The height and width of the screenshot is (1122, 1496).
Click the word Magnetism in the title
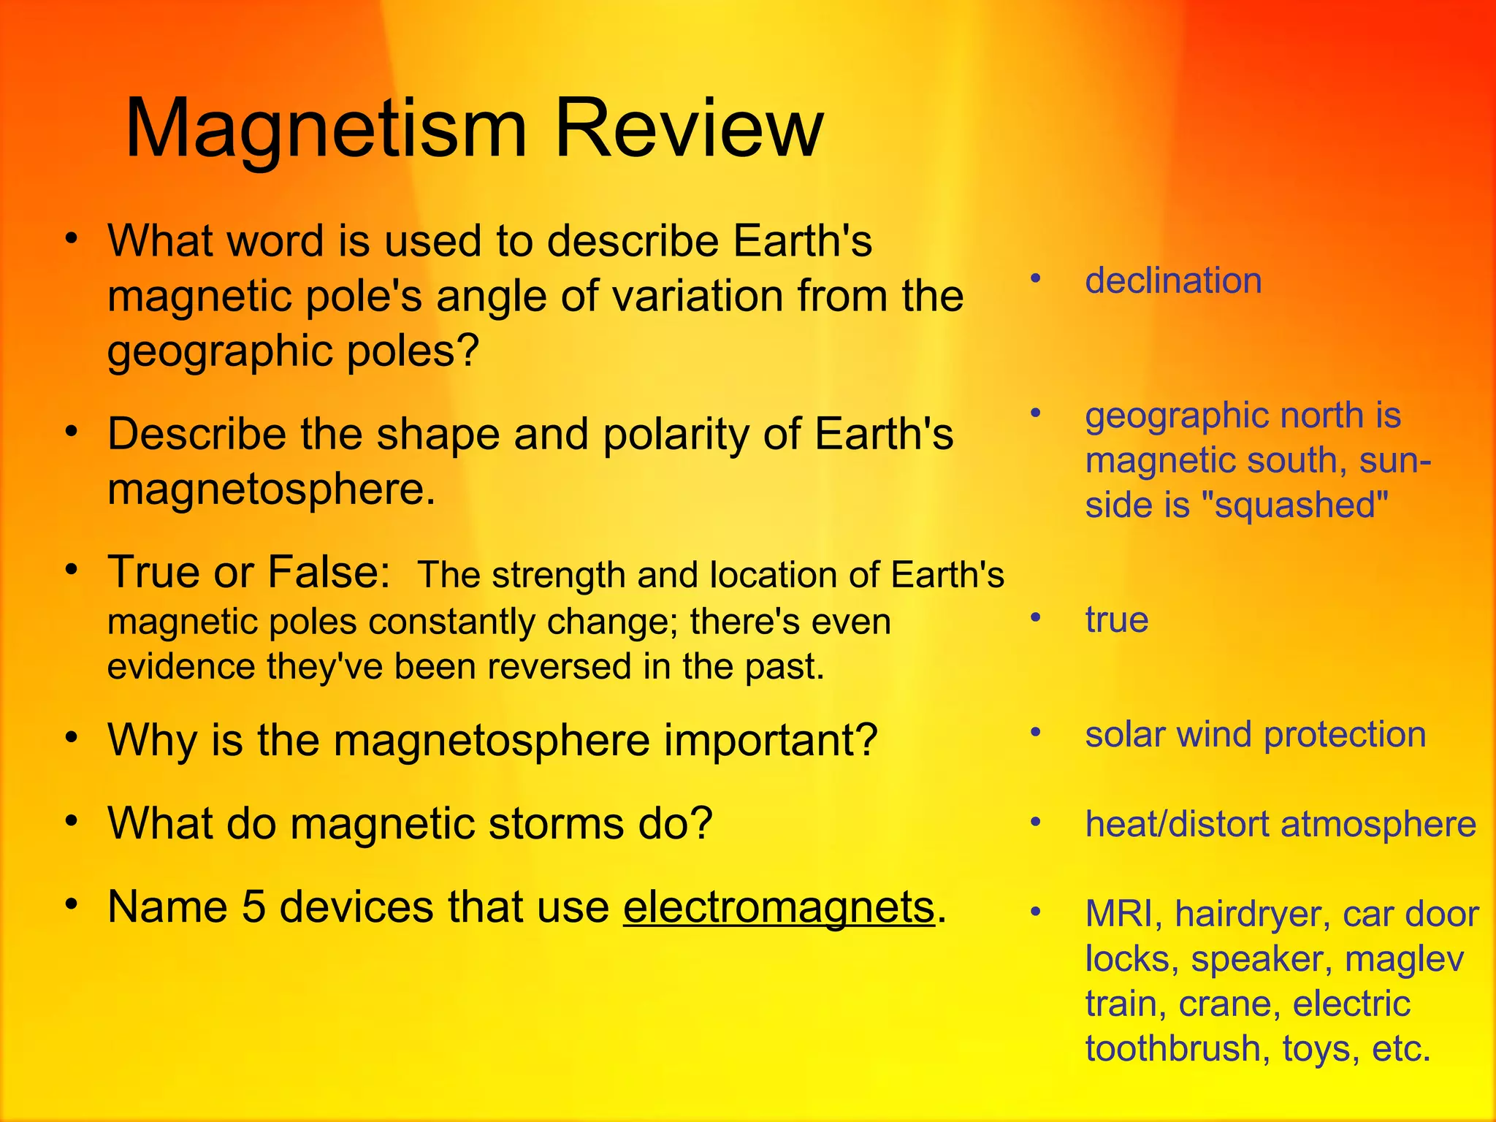(x=326, y=130)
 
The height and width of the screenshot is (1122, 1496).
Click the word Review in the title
(x=689, y=130)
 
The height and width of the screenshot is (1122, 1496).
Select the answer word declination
(x=1173, y=280)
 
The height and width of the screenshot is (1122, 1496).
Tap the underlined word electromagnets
(x=779, y=907)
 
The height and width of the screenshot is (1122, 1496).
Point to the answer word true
(x=1116, y=619)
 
